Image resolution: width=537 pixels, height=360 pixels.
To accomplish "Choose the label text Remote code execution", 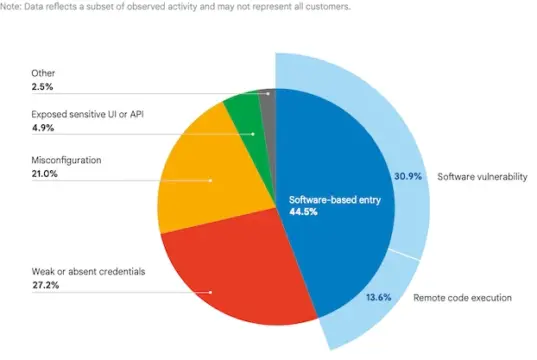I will (x=461, y=297).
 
